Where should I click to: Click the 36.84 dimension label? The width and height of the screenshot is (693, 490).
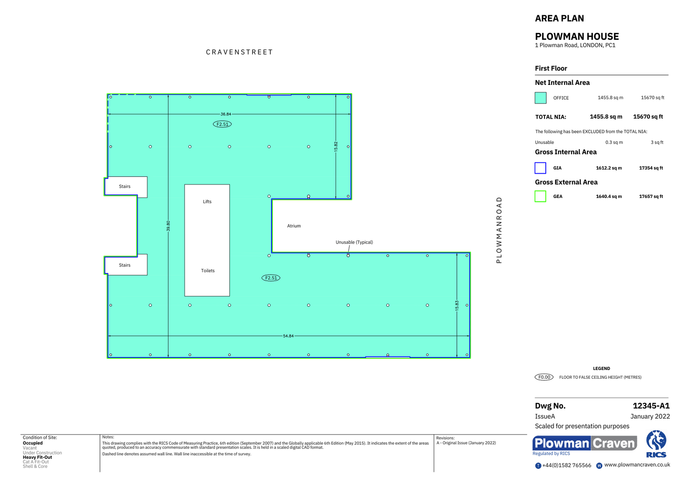(x=226, y=114)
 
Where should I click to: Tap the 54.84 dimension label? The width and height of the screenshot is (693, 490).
(x=288, y=336)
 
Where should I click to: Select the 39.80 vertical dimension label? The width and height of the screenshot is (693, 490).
(x=168, y=226)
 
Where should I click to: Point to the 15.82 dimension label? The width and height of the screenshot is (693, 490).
(x=336, y=146)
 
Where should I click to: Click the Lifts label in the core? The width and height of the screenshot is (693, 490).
(x=207, y=201)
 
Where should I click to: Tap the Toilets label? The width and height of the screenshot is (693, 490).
(x=207, y=271)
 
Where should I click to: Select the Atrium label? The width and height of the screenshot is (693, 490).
(x=294, y=226)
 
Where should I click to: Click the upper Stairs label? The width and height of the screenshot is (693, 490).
(x=125, y=186)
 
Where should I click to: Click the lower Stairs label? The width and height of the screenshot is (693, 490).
(x=125, y=265)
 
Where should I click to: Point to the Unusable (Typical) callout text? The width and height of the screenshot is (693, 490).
(x=354, y=242)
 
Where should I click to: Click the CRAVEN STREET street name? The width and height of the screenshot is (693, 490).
(x=239, y=52)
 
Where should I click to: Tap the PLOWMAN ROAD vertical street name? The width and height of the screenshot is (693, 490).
(x=499, y=230)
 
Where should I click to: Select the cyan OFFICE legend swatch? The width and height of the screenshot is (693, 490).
(x=540, y=98)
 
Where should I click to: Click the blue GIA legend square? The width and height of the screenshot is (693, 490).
(x=540, y=168)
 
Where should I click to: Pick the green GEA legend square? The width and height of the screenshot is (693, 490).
(x=540, y=196)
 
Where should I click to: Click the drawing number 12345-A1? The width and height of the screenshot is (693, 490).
(x=651, y=406)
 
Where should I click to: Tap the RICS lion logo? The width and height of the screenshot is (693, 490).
(x=656, y=443)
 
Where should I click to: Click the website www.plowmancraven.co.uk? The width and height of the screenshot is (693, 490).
(x=637, y=465)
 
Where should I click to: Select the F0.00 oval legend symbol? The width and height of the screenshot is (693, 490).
(x=544, y=377)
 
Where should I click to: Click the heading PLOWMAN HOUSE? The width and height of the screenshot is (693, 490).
(x=576, y=36)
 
